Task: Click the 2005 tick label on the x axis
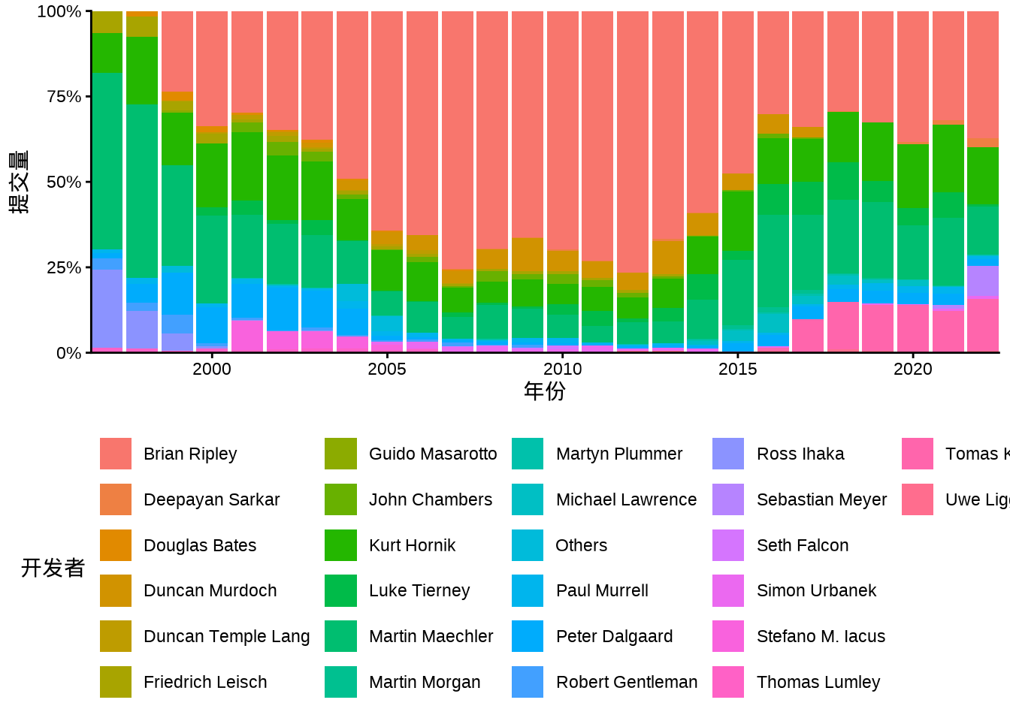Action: coord(387,369)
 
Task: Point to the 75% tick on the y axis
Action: coord(64,97)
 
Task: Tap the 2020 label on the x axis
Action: coord(912,369)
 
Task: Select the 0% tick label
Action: coord(68,353)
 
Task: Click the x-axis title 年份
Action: coord(545,391)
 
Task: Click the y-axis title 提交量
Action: coord(20,182)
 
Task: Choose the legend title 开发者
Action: coord(53,568)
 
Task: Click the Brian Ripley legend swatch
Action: coord(116,454)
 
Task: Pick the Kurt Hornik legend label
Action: coord(412,545)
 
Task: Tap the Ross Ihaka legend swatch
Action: coord(728,454)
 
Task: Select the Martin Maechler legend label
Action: coord(431,636)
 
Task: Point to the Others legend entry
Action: coord(581,545)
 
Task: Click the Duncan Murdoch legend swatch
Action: coord(116,590)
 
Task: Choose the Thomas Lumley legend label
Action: coord(818,682)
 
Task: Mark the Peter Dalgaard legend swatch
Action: coord(528,636)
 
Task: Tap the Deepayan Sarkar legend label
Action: coord(211,499)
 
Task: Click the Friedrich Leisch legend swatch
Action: coord(116,682)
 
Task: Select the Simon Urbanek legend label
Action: coord(816,590)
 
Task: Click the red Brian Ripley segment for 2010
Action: coord(563,128)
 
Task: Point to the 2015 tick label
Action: coord(737,369)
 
